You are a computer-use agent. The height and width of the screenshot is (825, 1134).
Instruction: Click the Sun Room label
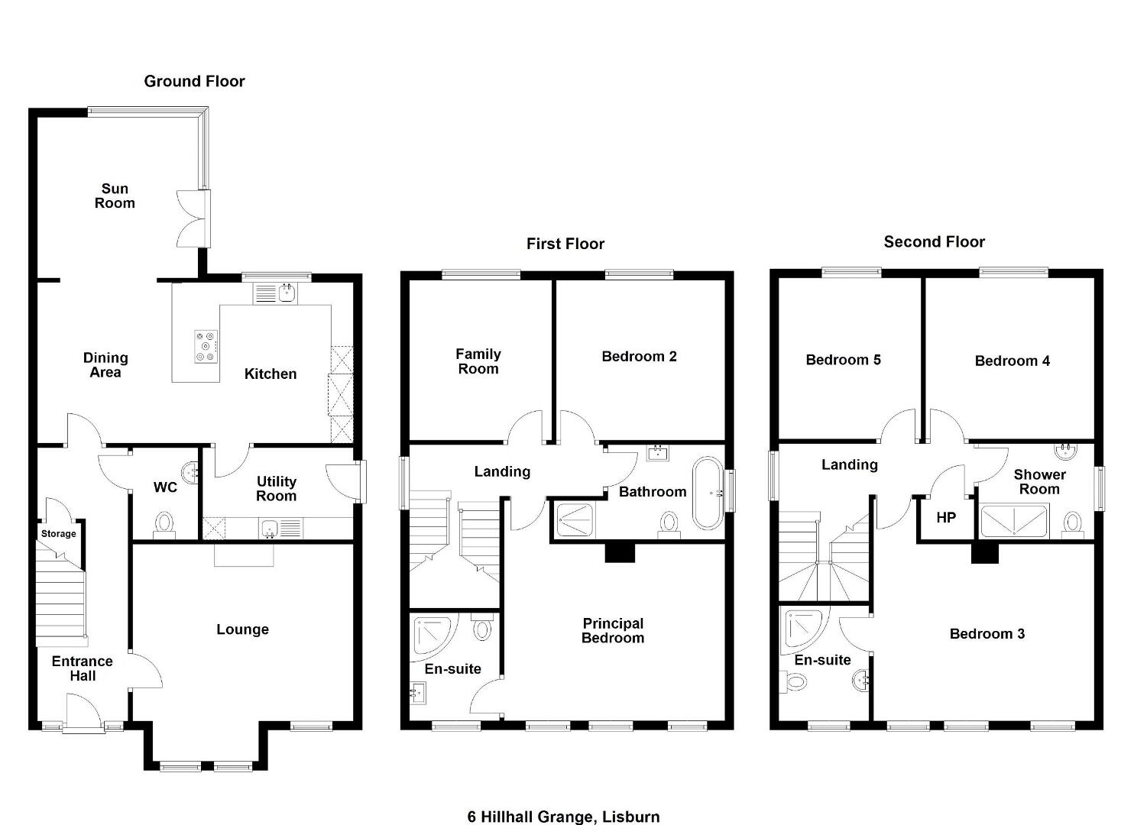[x=115, y=196]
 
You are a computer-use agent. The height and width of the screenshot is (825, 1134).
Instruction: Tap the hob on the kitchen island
[x=206, y=346]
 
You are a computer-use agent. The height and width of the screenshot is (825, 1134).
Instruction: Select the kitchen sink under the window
[x=275, y=293]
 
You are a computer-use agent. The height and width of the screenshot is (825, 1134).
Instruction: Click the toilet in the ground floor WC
[x=164, y=524]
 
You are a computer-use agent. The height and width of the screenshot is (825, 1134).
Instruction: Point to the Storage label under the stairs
[x=58, y=533]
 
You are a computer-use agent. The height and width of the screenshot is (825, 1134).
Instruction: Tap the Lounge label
[x=242, y=629]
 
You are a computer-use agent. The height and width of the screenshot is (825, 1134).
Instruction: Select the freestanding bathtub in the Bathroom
[x=708, y=493]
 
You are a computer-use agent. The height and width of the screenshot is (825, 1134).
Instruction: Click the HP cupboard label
[x=946, y=517]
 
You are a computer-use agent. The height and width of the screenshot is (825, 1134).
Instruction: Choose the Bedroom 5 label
[x=844, y=360]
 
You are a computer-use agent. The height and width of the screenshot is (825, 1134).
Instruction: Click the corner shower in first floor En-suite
[x=433, y=635]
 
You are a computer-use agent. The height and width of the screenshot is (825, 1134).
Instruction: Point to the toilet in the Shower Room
[x=1073, y=525]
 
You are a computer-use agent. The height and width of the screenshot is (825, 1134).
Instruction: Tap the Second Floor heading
[x=935, y=242]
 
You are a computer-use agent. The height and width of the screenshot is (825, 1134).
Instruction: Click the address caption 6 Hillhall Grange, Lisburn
[x=563, y=817]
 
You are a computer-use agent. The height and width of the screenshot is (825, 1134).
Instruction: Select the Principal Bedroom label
[x=613, y=631]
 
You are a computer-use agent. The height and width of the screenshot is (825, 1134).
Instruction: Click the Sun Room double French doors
[x=194, y=218]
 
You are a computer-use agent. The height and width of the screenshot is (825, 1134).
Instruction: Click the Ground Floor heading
[x=194, y=81]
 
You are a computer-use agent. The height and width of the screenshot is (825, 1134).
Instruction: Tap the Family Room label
[x=478, y=361]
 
